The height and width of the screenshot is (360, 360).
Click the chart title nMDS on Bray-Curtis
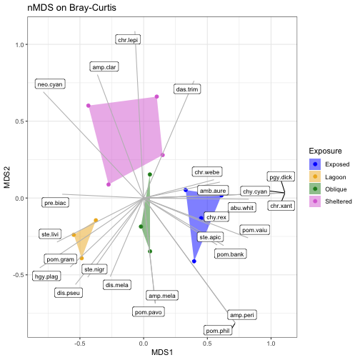(72, 8)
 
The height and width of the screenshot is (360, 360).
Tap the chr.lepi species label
(128, 40)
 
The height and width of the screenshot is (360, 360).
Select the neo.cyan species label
(50, 84)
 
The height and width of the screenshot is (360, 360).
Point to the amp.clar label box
(104, 67)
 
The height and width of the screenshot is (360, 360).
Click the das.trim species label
(187, 89)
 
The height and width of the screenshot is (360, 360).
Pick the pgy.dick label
(281, 177)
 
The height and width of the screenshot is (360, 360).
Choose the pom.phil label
(218, 331)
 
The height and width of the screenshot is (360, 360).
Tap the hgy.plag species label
(46, 276)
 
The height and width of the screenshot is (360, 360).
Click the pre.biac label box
(55, 203)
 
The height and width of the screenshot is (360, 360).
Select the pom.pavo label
(149, 312)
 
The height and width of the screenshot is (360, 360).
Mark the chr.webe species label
(207, 172)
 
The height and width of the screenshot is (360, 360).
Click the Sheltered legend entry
(331, 201)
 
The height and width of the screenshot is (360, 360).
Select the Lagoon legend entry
(328, 177)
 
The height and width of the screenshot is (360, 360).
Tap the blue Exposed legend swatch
(315, 164)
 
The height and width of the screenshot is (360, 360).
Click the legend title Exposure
(325, 151)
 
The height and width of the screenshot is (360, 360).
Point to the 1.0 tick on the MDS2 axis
(20, 44)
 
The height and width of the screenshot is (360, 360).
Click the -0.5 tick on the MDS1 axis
(79, 344)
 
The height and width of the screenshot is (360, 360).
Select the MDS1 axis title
(162, 352)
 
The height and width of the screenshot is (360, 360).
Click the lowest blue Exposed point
(194, 261)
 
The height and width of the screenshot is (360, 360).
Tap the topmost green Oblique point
(150, 174)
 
